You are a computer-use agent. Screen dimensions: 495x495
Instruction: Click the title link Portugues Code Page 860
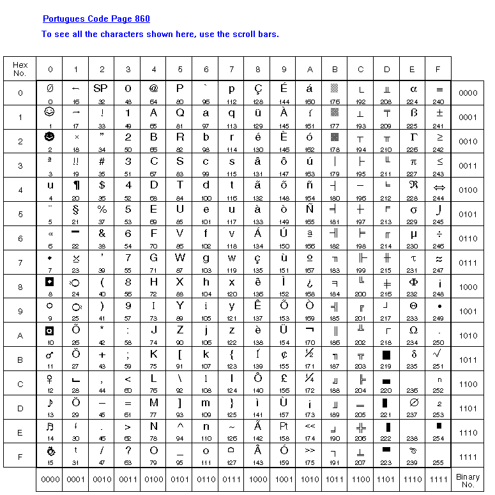pyautogui.click(x=96, y=19)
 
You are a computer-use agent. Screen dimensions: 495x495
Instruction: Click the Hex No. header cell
pyautogui.click(x=20, y=69)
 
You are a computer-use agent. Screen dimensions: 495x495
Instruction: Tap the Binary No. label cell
pyautogui.click(x=468, y=480)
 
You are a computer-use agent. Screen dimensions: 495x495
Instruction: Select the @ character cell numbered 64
pyautogui.click(x=154, y=93)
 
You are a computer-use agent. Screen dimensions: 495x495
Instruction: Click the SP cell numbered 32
pyautogui.click(x=102, y=93)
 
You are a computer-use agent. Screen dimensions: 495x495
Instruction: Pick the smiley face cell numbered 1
pyautogui.click(x=50, y=118)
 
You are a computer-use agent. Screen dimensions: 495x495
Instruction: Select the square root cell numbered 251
pyautogui.click(x=438, y=360)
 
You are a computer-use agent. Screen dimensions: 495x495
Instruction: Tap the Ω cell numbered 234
pyautogui.click(x=413, y=336)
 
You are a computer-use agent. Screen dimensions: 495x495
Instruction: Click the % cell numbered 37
pyautogui.click(x=102, y=215)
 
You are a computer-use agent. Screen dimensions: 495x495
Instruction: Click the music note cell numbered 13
pyautogui.click(x=50, y=409)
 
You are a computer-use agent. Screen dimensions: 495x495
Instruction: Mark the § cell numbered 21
pyautogui.click(x=76, y=215)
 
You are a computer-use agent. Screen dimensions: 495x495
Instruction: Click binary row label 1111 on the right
pyautogui.click(x=468, y=457)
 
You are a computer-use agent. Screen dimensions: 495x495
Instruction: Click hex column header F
pyautogui.click(x=438, y=69)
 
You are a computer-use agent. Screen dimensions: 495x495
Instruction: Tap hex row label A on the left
pyautogui.click(x=20, y=336)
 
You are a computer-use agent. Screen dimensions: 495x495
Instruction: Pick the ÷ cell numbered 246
pyautogui.click(x=438, y=239)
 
